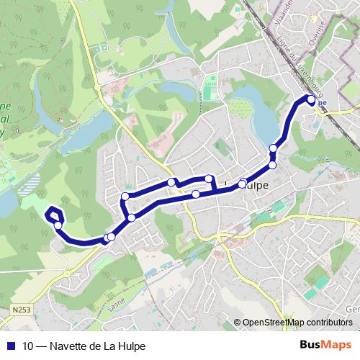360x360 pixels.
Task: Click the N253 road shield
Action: coord(22,310)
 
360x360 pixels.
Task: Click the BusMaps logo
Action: coord(326,346)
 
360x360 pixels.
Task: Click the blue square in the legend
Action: coord(11,346)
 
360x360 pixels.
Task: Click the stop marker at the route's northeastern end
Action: coord(312,99)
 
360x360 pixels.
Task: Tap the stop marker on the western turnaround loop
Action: coord(58,225)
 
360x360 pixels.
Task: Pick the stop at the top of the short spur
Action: coord(209,179)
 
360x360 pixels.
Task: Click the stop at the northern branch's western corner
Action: coord(125,197)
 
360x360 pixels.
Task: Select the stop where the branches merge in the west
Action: coord(132,217)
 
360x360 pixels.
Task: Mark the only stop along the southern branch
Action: coord(195,194)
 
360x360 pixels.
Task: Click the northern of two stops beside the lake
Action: coord(274,150)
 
